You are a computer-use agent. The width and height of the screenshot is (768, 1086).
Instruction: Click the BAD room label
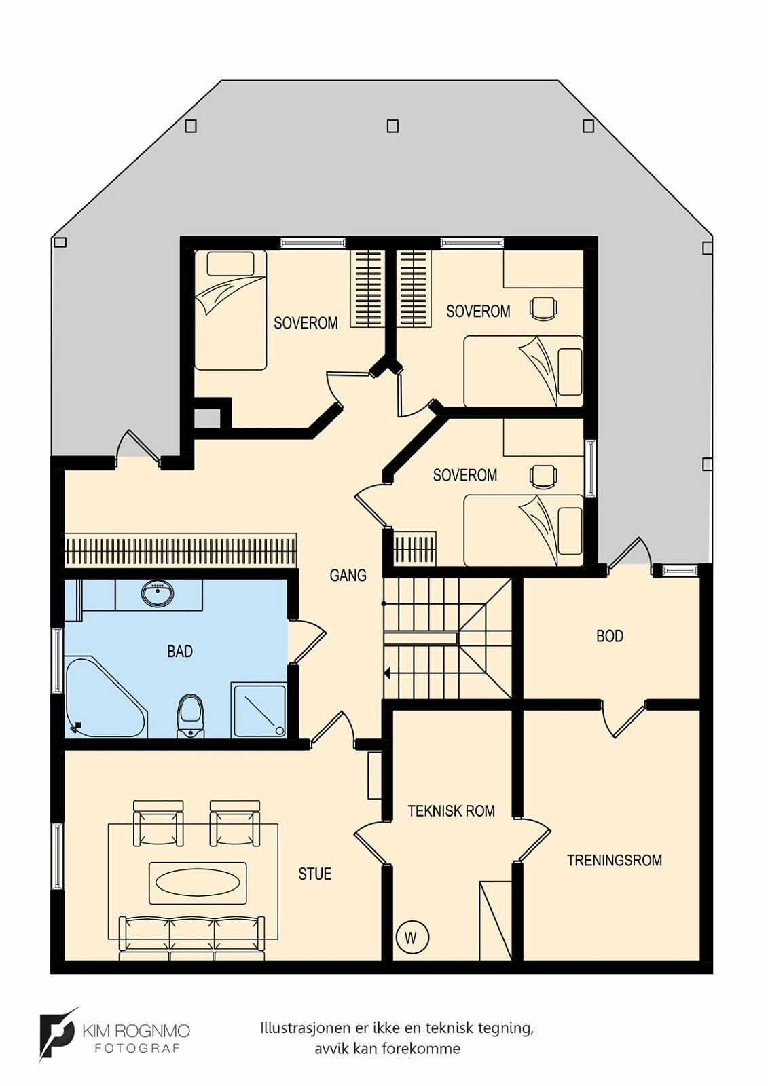coord(180,651)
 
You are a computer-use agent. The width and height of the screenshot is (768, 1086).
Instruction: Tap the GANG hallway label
coord(348,576)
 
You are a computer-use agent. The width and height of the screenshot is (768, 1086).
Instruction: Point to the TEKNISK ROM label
coord(451,811)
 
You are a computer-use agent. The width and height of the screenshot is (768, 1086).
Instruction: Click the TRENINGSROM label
coord(615,861)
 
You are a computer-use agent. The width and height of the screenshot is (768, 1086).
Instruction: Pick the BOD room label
coord(610,636)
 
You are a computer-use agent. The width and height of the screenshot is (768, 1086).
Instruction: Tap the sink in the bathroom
coord(158,593)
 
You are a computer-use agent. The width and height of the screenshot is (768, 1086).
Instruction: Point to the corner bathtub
coord(105,696)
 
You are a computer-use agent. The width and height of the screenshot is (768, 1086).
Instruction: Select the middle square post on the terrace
coord(392,126)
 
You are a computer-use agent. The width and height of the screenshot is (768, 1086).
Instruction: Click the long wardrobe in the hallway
coord(181,550)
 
